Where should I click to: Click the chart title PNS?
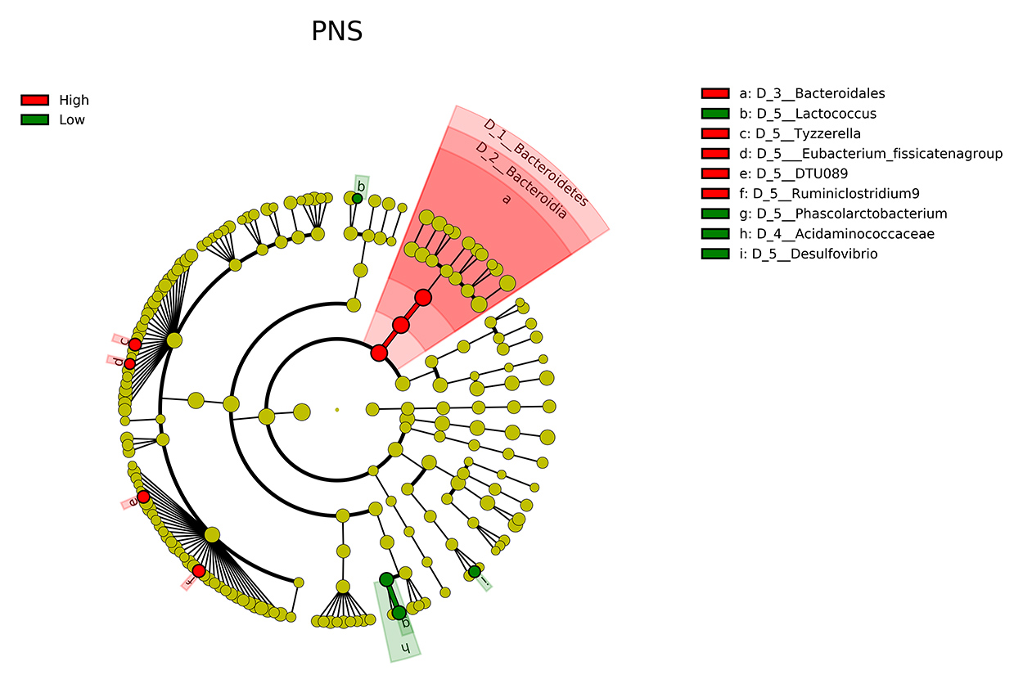pyautogui.click(x=336, y=32)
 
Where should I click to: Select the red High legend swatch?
pyautogui.click(x=34, y=101)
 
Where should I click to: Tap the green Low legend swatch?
pyautogui.click(x=34, y=120)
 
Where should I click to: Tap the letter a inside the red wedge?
pyautogui.click(x=506, y=199)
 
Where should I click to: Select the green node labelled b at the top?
pyautogui.click(x=357, y=198)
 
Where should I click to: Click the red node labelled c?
pyautogui.click(x=135, y=344)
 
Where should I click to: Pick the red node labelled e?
pyautogui.click(x=143, y=497)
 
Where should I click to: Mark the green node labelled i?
pyautogui.click(x=475, y=571)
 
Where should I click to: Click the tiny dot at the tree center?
pyautogui.click(x=336, y=409)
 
